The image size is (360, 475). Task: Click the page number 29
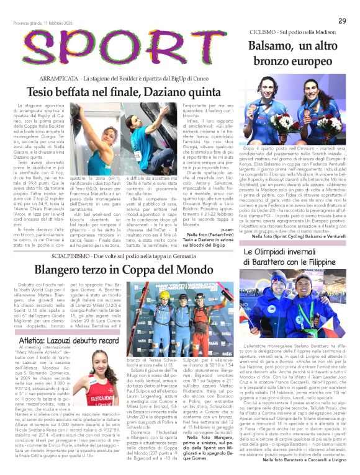[x=342, y=20]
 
